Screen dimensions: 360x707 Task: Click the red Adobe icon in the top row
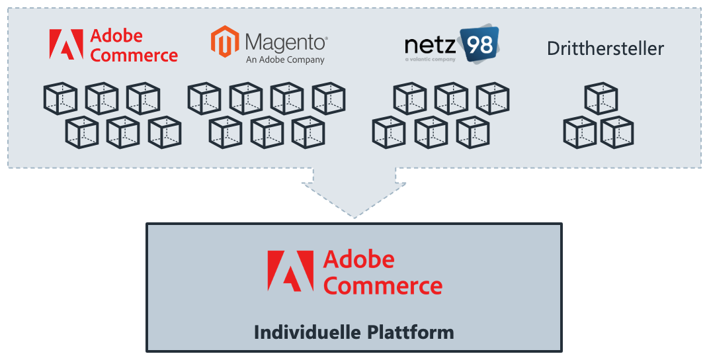pyautogui.click(x=66, y=44)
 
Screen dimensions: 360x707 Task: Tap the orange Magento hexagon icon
pyautogui.click(x=224, y=42)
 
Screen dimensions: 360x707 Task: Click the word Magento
pyautogui.click(x=286, y=43)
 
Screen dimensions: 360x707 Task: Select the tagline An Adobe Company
pyautogui.click(x=285, y=60)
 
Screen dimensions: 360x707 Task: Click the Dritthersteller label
pyautogui.click(x=605, y=48)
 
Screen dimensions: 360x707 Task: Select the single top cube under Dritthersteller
pyautogui.click(x=601, y=99)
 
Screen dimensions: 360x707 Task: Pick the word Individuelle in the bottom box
pyautogui.click(x=306, y=332)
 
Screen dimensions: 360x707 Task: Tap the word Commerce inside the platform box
pyautogui.click(x=383, y=286)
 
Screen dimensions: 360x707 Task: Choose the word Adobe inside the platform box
pyautogui.click(x=358, y=259)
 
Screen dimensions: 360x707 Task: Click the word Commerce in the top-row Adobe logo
pyautogui.click(x=134, y=55)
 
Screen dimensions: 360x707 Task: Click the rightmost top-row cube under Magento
pyautogui.click(x=329, y=99)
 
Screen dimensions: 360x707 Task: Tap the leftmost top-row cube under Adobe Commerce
pyautogui.click(x=60, y=99)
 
